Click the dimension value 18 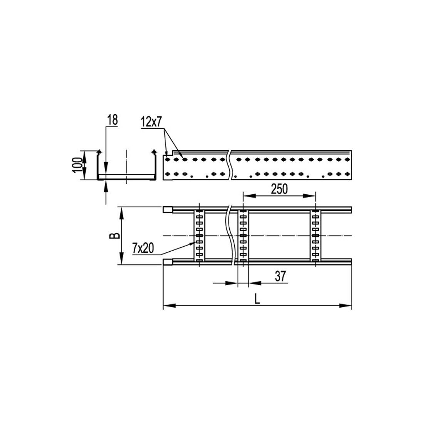pos(113,120)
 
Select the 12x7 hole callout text pos(151,123)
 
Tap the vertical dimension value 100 pos(77,165)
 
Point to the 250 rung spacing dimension pos(279,189)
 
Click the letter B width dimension pos(114,236)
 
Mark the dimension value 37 pos(280,276)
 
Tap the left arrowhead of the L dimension pos(170,306)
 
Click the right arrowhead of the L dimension pos(345,306)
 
